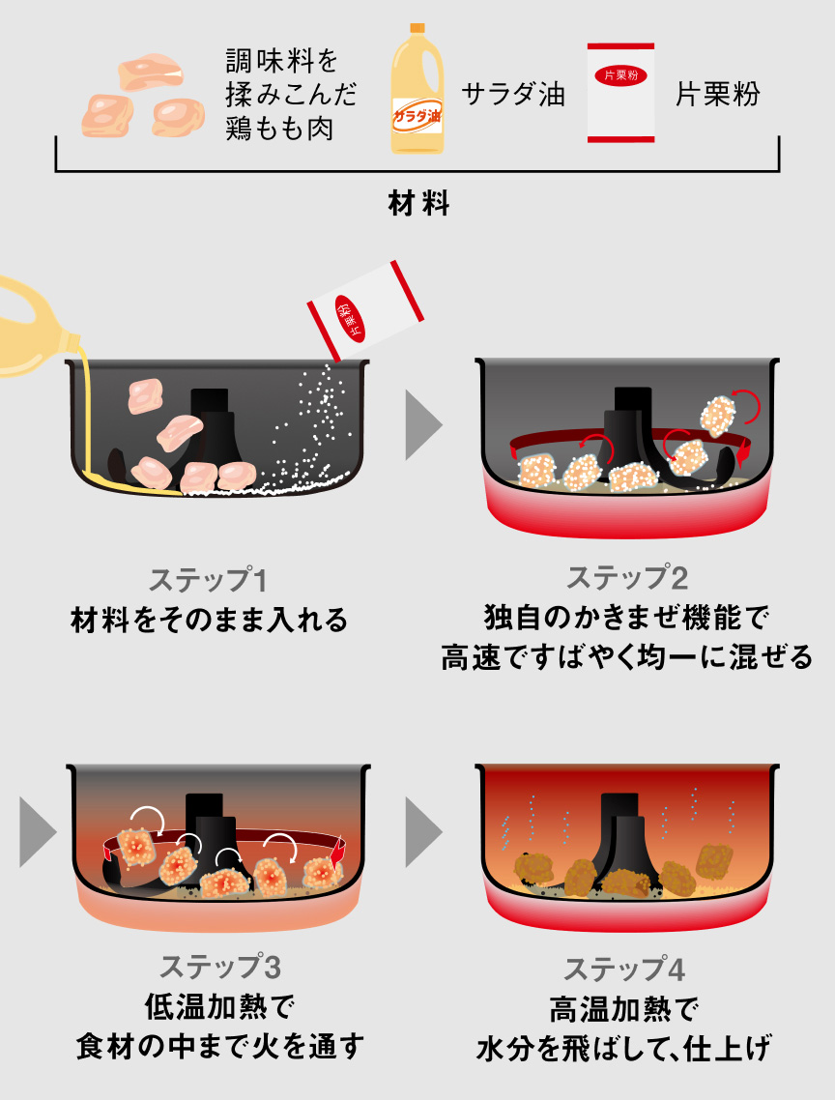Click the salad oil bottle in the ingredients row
coord(416,94)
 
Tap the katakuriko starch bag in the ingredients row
coord(620,94)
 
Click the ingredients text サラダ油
coord(512,95)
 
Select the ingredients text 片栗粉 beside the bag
coord(717,94)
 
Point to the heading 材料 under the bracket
coord(417,205)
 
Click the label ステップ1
coord(208,580)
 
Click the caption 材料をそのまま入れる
coord(209,620)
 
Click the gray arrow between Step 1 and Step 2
coord(422,424)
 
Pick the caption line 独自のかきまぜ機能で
coord(626,618)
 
